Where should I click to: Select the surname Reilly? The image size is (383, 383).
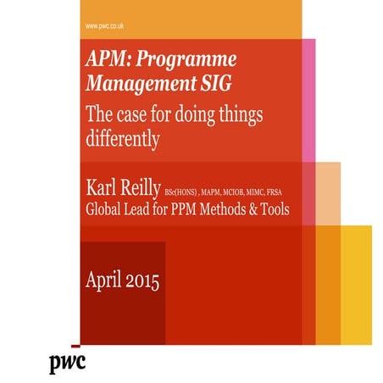click(x=141, y=186)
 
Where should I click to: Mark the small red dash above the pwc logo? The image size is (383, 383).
click(x=76, y=347)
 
